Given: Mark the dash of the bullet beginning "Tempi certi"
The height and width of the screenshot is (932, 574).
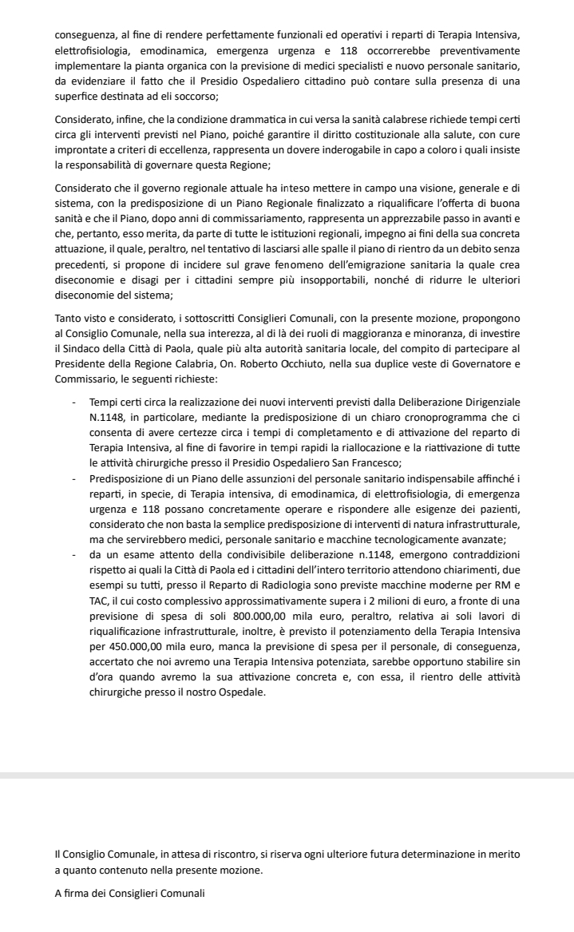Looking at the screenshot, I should pos(73,398).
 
